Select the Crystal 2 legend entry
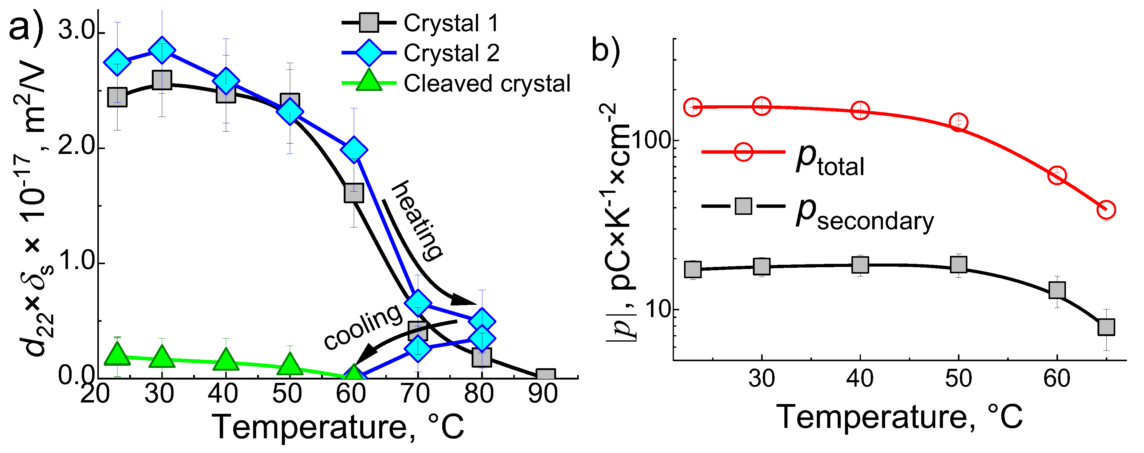[x=451, y=53]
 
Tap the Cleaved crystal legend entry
[x=486, y=84]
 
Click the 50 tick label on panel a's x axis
[x=287, y=394]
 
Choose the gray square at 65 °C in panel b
[x=1106, y=327]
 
